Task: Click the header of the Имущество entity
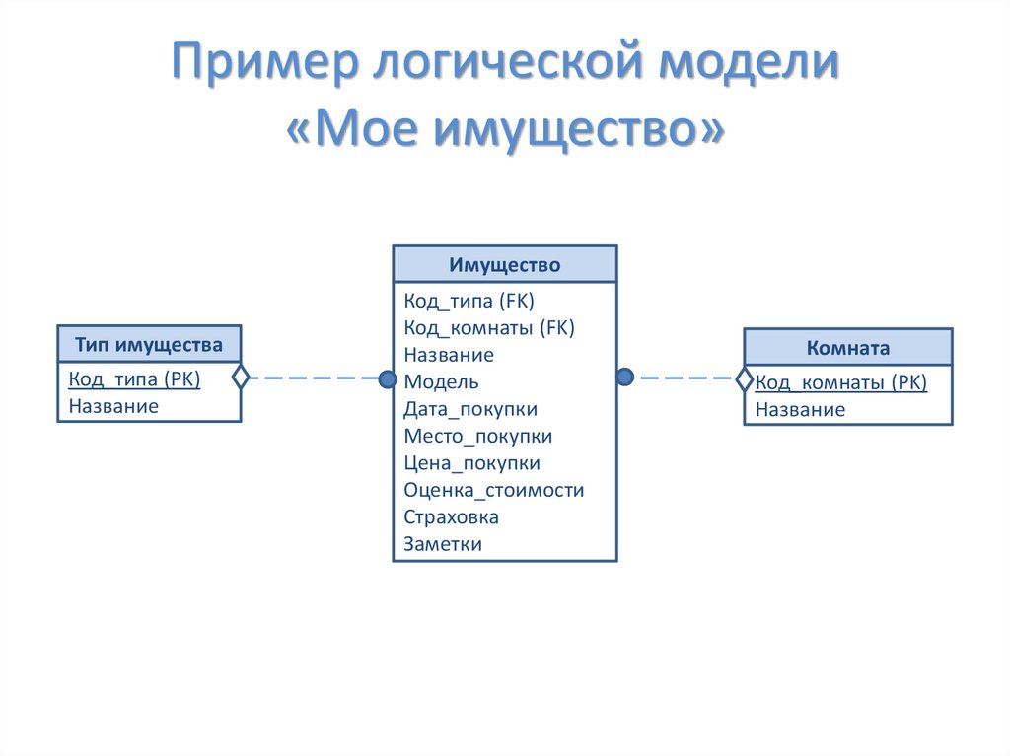504,264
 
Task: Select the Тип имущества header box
148,344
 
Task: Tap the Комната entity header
847,347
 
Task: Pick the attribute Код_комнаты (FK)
488,327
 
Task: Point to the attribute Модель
441,381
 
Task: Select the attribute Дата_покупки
469,408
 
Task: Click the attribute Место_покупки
477,436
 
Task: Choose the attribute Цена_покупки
471,462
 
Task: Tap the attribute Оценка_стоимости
493,490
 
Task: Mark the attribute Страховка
451,516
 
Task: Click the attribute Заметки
443,543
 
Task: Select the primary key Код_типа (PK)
134,378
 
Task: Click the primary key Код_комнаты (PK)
840,382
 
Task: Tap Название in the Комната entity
800,409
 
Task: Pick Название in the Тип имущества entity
113,405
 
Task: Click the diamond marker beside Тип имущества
240,378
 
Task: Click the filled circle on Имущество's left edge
387,378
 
